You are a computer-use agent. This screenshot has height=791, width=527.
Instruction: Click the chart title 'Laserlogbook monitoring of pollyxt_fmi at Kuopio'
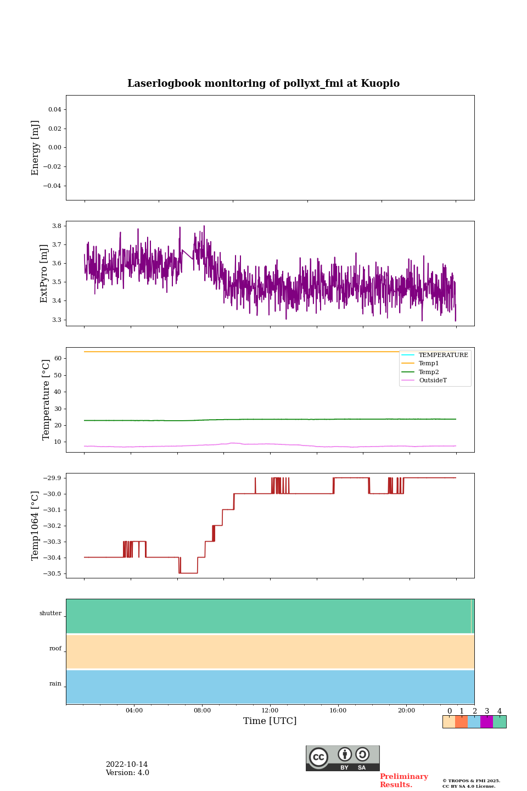click(x=263, y=83)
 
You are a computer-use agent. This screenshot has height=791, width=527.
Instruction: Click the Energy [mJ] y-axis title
click(x=36, y=148)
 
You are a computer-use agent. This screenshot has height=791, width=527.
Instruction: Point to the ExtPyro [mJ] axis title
click(x=44, y=274)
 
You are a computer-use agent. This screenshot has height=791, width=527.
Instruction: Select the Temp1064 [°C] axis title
click(x=36, y=526)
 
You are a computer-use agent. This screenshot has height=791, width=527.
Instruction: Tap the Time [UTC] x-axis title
click(x=270, y=721)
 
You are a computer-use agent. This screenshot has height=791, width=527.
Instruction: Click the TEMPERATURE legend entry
click(x=443, y=355)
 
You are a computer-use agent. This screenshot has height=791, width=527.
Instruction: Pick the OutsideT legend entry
click(x=433, y=380)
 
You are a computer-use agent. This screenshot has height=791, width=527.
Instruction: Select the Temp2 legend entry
click(x=429, y=372)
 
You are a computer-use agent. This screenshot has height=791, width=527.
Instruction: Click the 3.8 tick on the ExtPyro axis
click(x=56, y=226)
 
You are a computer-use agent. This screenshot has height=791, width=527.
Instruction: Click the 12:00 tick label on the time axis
click(x=270, y=710)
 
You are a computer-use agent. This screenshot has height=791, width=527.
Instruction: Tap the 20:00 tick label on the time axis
click(x=406, y=710)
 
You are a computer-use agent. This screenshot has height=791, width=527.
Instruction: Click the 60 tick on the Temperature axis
click(x=57, y=358)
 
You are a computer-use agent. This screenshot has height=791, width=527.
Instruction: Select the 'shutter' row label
click(x=51, y=614)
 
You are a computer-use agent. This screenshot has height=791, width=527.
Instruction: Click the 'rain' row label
click(x=55, y=684)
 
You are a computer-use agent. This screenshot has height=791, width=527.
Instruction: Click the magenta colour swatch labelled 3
click(x=486, y=722)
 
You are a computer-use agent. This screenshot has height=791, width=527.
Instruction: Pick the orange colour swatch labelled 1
click(x=461, y=722)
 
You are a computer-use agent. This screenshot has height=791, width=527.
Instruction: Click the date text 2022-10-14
click(x=127, y=765)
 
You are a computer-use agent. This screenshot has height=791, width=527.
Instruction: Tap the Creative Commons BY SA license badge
click(x=343, y=758)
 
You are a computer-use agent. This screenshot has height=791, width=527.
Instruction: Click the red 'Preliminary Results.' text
click(x=403, y=781)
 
